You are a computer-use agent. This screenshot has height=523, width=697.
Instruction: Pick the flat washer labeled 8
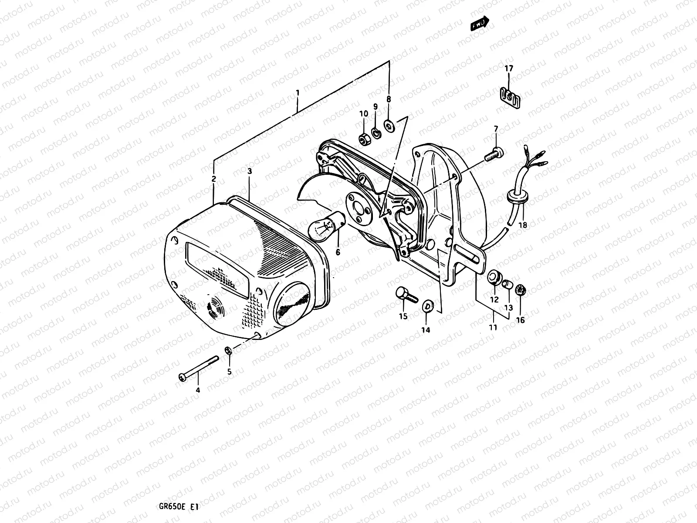388,126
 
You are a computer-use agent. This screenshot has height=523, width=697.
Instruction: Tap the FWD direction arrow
480,25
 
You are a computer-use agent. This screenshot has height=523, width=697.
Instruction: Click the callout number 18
523,225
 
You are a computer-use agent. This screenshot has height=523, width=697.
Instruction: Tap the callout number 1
297,93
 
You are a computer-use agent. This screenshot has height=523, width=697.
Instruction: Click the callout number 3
250,171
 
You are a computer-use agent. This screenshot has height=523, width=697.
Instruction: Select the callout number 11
493,327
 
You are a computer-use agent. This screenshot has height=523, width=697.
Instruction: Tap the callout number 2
213,179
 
